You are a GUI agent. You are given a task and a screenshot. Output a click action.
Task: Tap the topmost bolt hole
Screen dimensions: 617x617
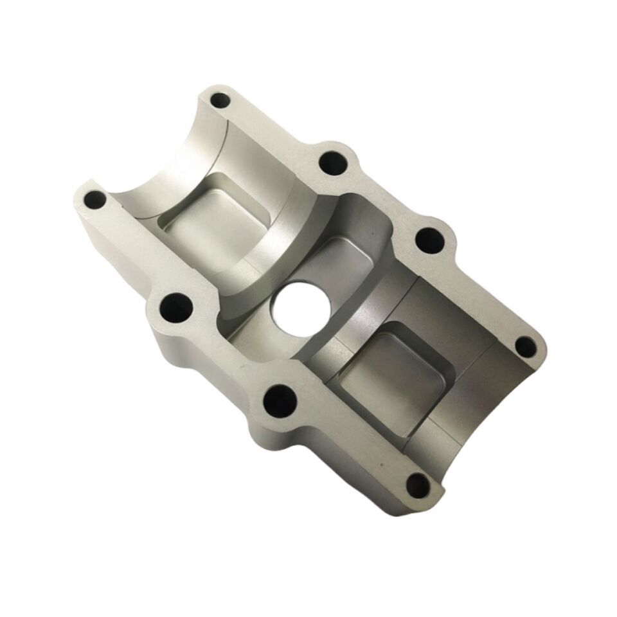(220, 101)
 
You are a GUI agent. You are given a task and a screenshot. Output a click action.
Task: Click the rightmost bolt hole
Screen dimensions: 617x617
(526, 347)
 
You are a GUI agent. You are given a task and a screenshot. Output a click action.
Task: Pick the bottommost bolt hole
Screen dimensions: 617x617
(418, 485)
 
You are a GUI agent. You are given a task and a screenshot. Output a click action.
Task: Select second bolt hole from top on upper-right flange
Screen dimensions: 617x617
(333, 161)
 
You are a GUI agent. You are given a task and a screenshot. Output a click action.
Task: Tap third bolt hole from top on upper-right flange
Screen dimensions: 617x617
(430, 241)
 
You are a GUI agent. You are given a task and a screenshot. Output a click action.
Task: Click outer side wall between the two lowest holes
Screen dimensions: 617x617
(347, 469)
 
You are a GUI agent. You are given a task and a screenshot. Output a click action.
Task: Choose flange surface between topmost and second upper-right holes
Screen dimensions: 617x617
(276, 129)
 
